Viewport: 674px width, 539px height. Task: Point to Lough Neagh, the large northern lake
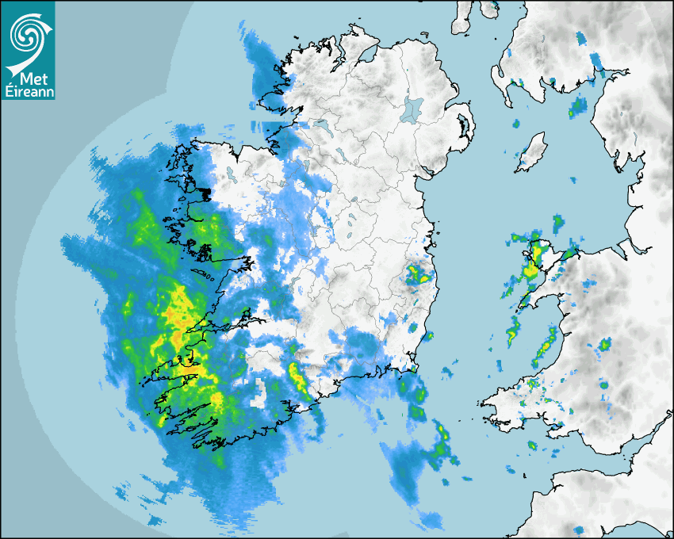pyautogui.click(x=413, y=108)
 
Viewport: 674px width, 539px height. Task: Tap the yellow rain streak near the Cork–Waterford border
pyautogui.click(x=300, y=379)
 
